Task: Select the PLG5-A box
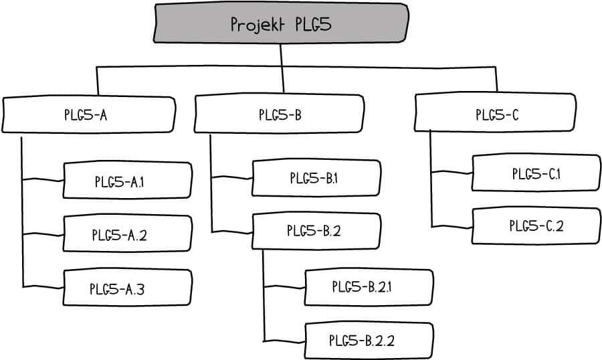[89, 114]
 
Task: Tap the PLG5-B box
[279, 114]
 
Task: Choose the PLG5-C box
[495, 112]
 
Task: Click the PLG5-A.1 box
[128, 180]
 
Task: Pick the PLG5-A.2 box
[128, 234]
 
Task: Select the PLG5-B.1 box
[316, 178]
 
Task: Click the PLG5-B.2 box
[316, 231]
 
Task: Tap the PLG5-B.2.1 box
[369, 287]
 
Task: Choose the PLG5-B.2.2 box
[369, 341]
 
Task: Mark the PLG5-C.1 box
[536, 173]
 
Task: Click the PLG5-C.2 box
[536, 226]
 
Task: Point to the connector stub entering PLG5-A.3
[43, 286]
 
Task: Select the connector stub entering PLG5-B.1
[232, 177]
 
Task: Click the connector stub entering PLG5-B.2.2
[284, 341]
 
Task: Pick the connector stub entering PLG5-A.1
[43, 179]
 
